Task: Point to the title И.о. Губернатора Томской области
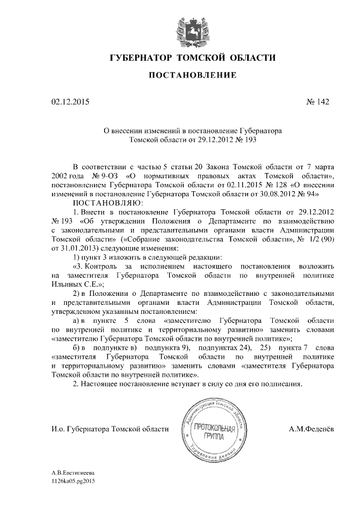click(x=110, y=430)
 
